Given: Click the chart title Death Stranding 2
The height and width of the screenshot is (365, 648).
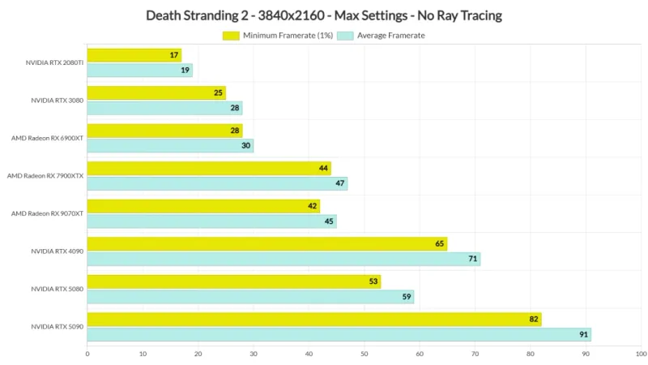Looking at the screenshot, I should click(x=324, y=15).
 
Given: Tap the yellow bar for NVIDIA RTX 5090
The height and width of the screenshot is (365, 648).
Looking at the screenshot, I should click(x=314, y=320).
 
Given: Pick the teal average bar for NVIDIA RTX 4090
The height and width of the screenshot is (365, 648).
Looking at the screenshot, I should click(x=283, y=260).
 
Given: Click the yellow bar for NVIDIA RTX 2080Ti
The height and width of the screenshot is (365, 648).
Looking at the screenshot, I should click(x=134, y=55).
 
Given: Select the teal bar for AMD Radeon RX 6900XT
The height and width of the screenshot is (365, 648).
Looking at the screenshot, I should click(x=170, y=146).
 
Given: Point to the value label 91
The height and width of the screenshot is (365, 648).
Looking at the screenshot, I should click(x=583, y=335).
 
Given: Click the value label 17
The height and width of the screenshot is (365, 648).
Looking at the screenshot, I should click(x=174, y=55).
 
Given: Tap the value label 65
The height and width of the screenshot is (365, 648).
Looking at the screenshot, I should click(x=440, y=244).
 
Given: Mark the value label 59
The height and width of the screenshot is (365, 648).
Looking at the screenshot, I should click(x=407, y=297).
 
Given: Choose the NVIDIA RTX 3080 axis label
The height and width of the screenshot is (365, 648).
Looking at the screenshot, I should click(x=57, y=101).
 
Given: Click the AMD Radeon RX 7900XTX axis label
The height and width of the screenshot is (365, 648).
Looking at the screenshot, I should click(x=45, y=176).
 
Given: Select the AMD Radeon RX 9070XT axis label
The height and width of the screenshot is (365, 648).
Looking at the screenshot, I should click(x=47, y=213).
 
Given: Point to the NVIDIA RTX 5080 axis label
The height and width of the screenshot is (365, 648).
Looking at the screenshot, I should click(x=57, y=289).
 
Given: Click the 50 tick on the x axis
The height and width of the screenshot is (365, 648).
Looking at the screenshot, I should click(x=364, y=354).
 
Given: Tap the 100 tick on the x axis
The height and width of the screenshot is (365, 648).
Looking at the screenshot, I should click(x=641, y=354).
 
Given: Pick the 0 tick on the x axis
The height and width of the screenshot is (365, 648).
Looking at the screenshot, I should click(x=87, y=354).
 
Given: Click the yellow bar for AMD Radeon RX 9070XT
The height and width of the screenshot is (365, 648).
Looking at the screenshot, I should click(x=203, y=206).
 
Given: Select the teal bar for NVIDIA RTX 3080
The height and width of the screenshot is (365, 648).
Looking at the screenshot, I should click(x=164, y=108).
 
